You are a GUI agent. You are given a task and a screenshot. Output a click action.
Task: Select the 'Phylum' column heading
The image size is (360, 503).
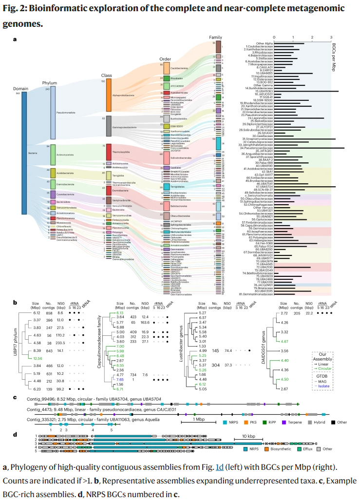click(x=50, y=83)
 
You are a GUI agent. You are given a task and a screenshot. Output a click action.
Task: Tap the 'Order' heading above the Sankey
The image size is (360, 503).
click(x=165, y=58)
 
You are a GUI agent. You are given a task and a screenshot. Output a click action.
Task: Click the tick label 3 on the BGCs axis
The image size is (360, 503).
click(x=331, y=37)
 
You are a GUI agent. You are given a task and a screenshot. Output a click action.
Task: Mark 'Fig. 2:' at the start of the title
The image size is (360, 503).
click(x=16, y=8)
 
